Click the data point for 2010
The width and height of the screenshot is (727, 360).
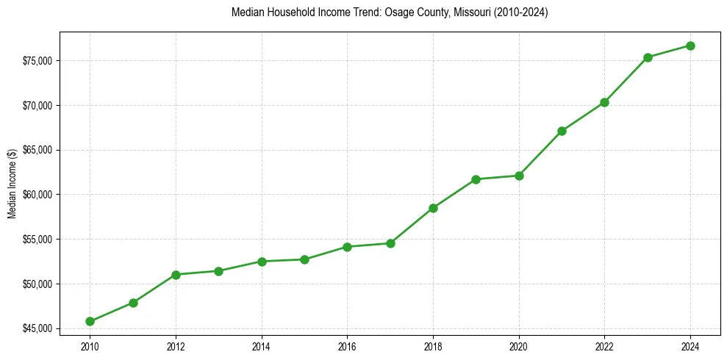tap(90, 321)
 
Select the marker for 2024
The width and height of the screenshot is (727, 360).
tap(690, 46)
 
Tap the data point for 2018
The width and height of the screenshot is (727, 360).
tap(433, 208)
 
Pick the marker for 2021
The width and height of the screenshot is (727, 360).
tap(562, 131)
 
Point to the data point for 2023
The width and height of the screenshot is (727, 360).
tap(648, 57)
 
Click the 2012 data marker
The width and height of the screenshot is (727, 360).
tap(176, 275)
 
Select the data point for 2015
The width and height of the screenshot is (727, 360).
tap(304, 259)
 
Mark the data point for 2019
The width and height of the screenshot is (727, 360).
tap(476, 179)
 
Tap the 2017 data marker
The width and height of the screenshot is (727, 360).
tap(390, 243)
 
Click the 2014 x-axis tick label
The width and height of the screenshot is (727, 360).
tap(262, 345)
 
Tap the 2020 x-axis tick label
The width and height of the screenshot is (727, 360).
tap(519, 345)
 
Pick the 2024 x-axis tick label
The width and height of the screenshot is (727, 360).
tap(690, 345)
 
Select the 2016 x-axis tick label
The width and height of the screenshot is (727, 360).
tap(347, 345)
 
